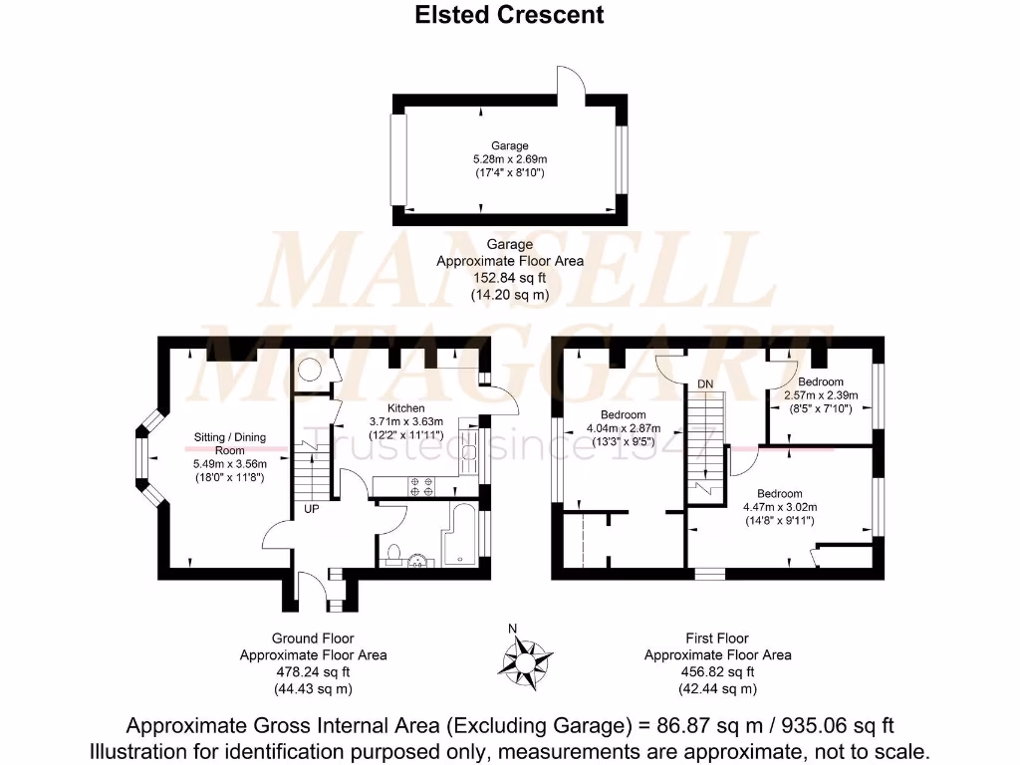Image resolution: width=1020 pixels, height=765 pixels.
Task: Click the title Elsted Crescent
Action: pos(509,15)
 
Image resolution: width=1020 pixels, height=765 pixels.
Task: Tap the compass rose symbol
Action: pos(527,658)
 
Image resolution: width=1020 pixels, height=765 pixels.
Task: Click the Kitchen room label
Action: pos(405,408)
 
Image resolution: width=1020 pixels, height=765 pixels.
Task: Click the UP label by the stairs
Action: pos(312,510)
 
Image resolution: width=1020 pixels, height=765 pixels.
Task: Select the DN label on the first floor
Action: pos(705,383)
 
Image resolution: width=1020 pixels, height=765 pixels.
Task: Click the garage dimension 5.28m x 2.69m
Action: pos(509,159)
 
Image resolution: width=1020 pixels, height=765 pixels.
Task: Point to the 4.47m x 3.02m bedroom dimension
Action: pos(779,507)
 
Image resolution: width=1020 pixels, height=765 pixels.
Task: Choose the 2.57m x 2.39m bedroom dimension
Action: pos(820,395)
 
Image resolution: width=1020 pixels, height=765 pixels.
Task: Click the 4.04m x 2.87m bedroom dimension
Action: pos(623,428)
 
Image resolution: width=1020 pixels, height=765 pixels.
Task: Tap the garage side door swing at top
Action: pos(570,80)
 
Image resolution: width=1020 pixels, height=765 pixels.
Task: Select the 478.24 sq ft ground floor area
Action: pos(313,672)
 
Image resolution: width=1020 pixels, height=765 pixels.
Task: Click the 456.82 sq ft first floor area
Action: pos(717,672)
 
